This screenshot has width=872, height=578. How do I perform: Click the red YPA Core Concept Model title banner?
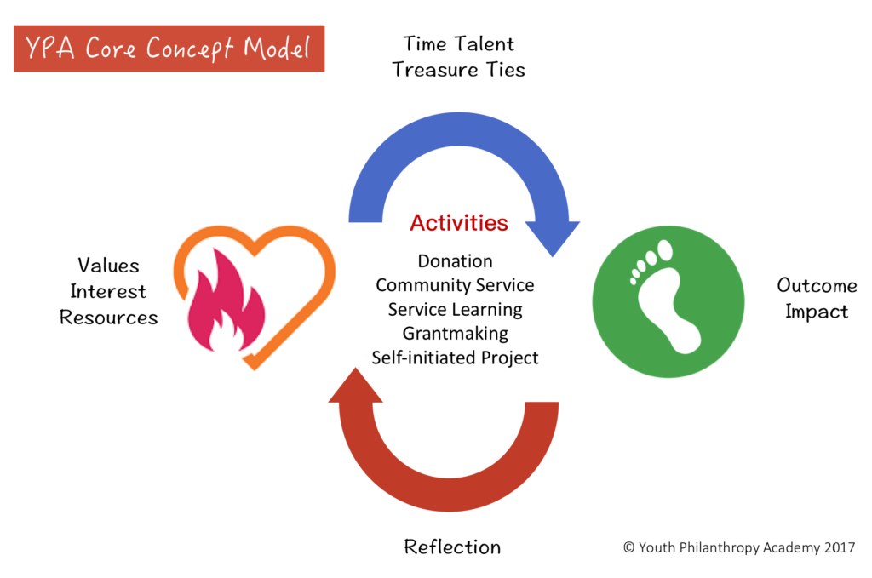169,49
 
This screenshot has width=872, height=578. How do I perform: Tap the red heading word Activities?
459,223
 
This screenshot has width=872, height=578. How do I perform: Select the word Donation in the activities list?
455,260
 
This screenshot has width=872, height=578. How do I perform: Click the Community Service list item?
455,285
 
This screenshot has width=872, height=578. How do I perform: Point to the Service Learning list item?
455,310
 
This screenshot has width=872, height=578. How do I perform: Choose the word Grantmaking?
455,334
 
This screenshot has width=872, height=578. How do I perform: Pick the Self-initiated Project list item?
455,358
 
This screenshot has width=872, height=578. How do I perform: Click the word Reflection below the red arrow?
452,547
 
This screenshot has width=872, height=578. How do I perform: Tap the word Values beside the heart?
108,266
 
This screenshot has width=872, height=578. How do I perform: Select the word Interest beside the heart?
108,291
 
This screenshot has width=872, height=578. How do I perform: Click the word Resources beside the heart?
108,318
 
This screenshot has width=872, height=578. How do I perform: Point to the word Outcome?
817,286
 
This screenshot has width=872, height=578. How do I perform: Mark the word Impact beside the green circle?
817,312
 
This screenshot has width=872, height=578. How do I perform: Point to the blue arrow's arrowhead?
552,236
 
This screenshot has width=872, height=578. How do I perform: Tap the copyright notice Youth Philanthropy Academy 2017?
739,547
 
